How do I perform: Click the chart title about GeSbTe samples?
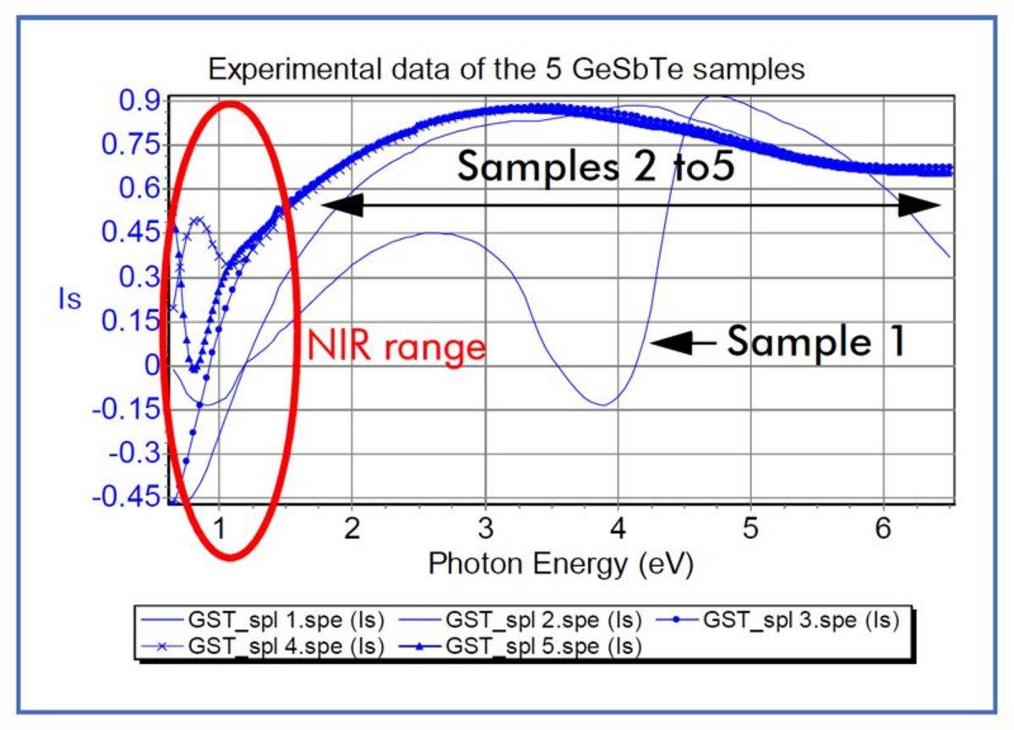tap(506, 69)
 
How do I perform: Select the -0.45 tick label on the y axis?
tap(130, 497)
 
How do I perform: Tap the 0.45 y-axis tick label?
tap(130, 232)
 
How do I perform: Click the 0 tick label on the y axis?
tap(152, 365)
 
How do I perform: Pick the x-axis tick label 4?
tap(618, 531)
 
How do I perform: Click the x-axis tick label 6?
tap(884, 531)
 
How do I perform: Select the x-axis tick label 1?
tap(219, 531)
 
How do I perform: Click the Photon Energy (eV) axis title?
tap(560, 564)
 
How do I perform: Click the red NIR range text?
tap(396, 347)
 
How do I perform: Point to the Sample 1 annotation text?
tap(816, 342)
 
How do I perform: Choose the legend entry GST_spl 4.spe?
tap(286, 647)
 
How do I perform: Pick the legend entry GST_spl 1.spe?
tap(286, 619)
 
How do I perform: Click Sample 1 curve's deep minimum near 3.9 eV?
tap(602, 404)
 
